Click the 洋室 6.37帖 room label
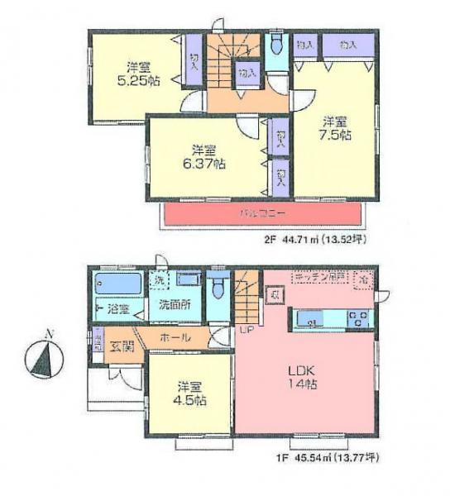coord(203,156)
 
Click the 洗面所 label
coord(175,304)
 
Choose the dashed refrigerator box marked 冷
coord(364,280)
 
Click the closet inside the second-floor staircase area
coord(247,74)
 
